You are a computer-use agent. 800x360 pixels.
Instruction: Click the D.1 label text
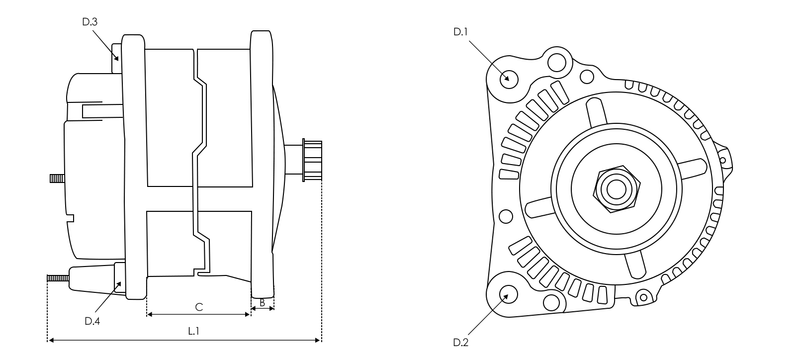pyautogui.click(x=461, y=32)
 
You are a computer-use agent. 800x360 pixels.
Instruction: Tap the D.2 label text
pyautogui.click(x=461, y=343)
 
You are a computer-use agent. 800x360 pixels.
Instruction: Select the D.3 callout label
pyautogui.click(x=90, y=20)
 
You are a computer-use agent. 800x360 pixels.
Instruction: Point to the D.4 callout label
pyautogui.click(x=92, y=321)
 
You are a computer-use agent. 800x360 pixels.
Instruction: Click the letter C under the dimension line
pyautogui.click(x=199, y=305)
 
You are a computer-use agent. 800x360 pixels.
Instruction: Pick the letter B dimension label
pyautogui.click(x=262, y=300)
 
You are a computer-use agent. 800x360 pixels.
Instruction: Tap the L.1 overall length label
pyautogui.click(x=193, y=329)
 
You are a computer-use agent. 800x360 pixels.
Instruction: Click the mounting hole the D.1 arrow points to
pyautogui.click(x=508, y=77)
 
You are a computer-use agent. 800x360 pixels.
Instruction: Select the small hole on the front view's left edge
pyautogui.click(x=506, y=216)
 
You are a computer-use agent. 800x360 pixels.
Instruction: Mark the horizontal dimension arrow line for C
pyautogui.click(x=199, y=315)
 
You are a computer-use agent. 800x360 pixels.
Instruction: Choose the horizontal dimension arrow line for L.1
pyautogui.click(x=185, y=340)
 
